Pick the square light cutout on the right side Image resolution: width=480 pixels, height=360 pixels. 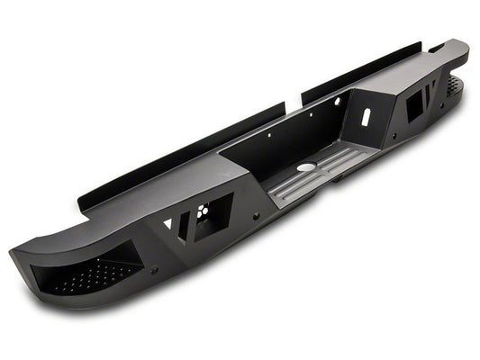(x=415, y=105)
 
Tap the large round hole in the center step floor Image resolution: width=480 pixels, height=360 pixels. (x=307, y=167)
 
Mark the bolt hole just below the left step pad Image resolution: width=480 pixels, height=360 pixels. (x=154, y=270)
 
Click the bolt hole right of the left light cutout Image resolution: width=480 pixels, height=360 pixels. (x=255, y=216)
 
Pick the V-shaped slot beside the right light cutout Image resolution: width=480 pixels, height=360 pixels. (x=433, y=90)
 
